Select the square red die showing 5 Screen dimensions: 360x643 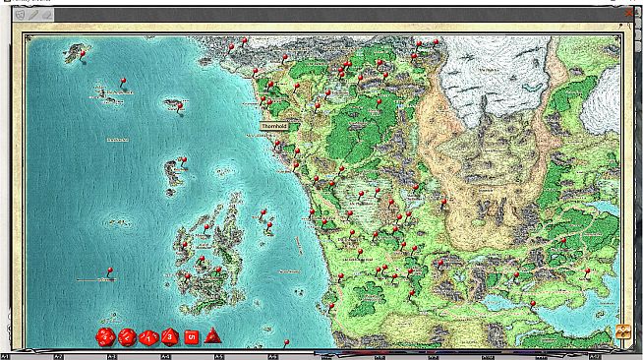pyautogui.click(x=192, y=336)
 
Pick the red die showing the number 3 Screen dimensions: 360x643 pyautogui.click(x=170, y=337)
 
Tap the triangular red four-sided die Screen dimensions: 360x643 pyautogui.click(x=213, y=337)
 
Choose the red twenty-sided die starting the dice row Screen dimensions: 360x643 pyautogui.click(x=104, y=337)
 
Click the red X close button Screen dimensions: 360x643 pyautogui.click(x=629, y=13)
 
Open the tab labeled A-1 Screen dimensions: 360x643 pyautogui.click(x=6, y=355)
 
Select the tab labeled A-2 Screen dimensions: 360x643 pyautogui.click(x=59, y=355)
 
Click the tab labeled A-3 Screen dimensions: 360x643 pyautogui.click(x=112, y=355)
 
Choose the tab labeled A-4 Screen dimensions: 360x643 pyautogui.click(x=165, y=355)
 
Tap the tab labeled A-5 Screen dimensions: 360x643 pyautogui.click(x=219, y=355)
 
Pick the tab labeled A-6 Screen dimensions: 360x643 pyautogui.click(x=272, y=355)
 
